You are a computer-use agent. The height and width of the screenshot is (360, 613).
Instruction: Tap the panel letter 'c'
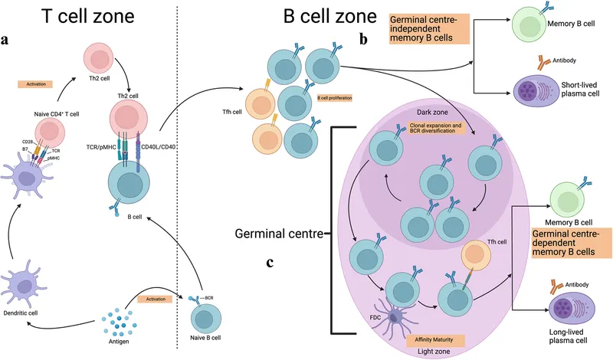(270, 262)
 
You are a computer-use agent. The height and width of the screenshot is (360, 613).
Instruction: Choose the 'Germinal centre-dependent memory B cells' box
(565, 241)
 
